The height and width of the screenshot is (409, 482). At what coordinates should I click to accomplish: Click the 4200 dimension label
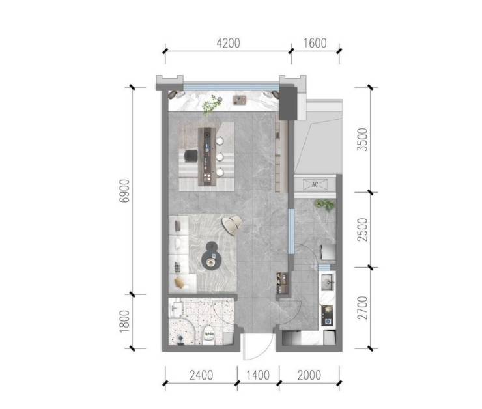click(x=228, y=44)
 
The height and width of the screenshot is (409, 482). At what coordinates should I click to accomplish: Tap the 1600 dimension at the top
click(x=315, y=44)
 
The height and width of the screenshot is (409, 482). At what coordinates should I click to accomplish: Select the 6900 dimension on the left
click(x=125, y=191)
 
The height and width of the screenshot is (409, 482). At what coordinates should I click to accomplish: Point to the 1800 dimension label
click(x=125, y=321)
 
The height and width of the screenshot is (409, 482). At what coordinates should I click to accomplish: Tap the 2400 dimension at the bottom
click(x=201, y=375)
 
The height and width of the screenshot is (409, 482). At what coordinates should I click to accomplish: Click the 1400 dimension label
click(x=258, y=375)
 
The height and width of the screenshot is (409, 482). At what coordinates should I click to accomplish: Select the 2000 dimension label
click(x=309, y=375)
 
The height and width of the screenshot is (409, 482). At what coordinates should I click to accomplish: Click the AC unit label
click(x=315, y=184)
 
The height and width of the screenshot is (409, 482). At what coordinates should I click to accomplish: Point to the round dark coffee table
click(x=211, y=256)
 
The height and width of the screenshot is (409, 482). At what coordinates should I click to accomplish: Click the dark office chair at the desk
click(x=191, y=156)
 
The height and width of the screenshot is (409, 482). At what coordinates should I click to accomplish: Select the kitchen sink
click(x=327, y=283)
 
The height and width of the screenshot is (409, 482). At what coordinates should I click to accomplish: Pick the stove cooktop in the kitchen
click(x=327, y=315)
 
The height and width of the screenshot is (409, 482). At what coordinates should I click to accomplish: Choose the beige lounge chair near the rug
click(x=233, y=225)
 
